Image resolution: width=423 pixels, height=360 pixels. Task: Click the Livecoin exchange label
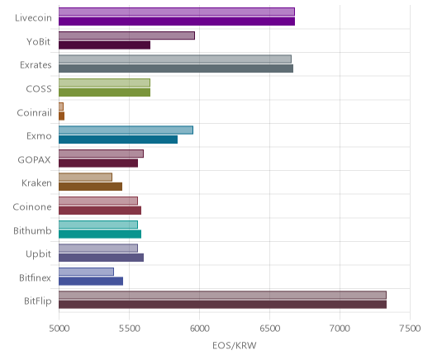pyautogui.click(x=33, y=18)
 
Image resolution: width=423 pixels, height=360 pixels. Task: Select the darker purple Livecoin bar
pyautogui.click(x=177, y=21)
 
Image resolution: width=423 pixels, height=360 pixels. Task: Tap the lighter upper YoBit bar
pyautogui.click(x=126, y=36)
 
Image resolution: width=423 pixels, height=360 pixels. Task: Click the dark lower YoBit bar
pyautogui.click(x=104, y=45)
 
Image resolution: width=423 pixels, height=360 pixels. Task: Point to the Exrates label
pyautogui.click(x=36, y=65)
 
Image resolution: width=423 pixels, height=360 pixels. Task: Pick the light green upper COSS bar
pyautogui.click(x=104, y=83)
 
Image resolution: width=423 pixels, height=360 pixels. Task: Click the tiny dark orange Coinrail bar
pyautogui.click(x=61, y=116)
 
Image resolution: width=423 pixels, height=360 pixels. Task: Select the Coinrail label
pyautogui.click(x=35, y=112)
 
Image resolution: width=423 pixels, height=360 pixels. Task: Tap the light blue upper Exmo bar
pyautogui.click(x=126, y=130)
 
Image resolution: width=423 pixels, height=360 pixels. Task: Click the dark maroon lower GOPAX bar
pyautogui.click(x=98, y=163)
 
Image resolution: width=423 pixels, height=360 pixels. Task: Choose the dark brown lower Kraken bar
pyautogui.click(x=90, y=187)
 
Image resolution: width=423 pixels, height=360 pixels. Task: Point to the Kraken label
pyautogui.click(x=36, y=183)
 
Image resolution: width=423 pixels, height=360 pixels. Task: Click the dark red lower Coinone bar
pyautogui.click(x=100, y=211)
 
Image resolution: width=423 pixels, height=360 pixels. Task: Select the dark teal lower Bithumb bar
pyautogui.click(x=100, y=234)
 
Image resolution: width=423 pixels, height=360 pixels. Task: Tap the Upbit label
pyautogui.click(x=38, y=254)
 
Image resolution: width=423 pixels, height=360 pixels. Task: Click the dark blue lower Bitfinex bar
pyautogui.click(x=91, y=281)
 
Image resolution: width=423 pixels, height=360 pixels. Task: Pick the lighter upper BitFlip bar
pyautogui.click(x=222, y=295)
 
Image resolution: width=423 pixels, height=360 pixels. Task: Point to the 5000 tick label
pyautogui.click(x=59, y=328)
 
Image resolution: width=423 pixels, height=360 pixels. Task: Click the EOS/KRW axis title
pyautogui.click(x=235, y=345)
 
